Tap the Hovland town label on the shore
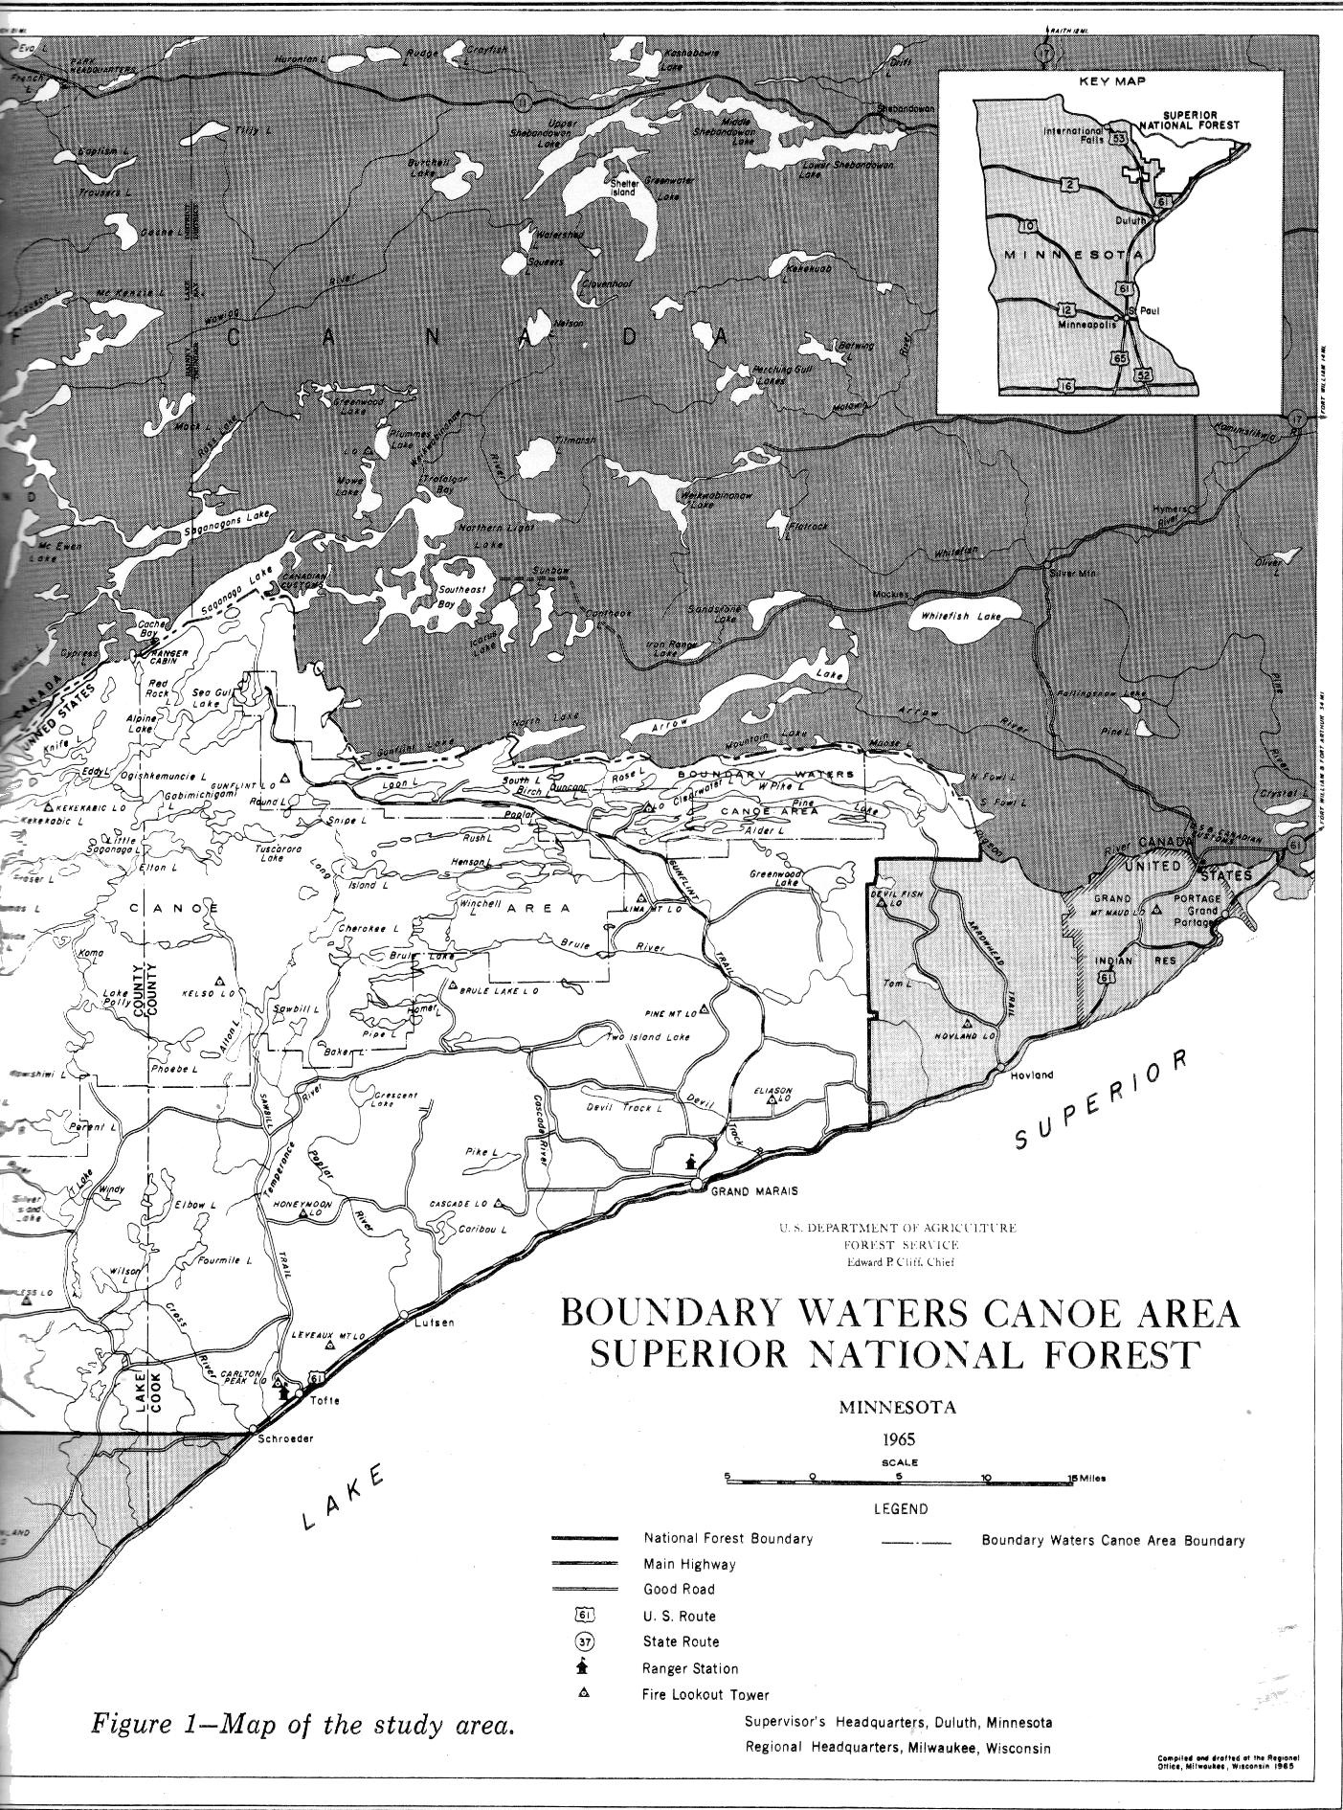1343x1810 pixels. pyautogui.click(x=1031, y=1075)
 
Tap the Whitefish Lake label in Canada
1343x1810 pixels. pyautogui.click(x=960, y=617)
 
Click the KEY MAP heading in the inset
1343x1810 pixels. pyautogui.click(x=1112, y=82)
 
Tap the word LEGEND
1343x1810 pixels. pyautogui.click(x=901, y=1509)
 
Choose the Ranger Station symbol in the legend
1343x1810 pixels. pyautogui.click(x=583, y=1667)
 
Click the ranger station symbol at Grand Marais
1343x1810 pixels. pyautogui.click(x=689, y=1162)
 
